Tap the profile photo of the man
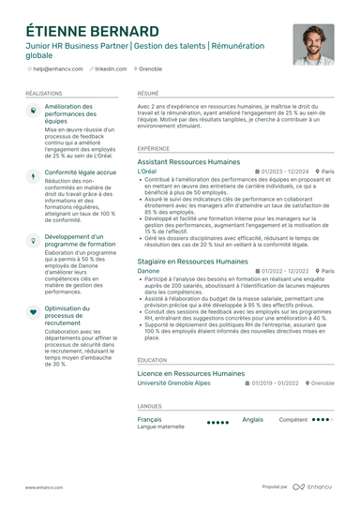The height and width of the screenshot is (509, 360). point(313,44)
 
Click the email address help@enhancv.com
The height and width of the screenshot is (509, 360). point(58,69)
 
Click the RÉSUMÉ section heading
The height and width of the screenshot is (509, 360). point(148,95)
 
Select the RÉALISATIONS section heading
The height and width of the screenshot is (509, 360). point(44,95)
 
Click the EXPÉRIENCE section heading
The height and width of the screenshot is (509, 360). point(154,148)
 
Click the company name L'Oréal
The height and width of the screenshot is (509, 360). point(147,172)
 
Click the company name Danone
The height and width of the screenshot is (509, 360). point(148,271)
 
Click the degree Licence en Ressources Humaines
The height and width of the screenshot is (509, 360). point(191,373)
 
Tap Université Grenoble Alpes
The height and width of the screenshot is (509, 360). point(173,383)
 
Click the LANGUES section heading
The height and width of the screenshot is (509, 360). point(149,406)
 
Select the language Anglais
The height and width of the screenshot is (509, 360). point(253,419)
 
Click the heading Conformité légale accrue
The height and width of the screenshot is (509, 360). point(81,172)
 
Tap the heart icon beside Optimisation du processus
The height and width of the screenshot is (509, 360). point(32,310)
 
